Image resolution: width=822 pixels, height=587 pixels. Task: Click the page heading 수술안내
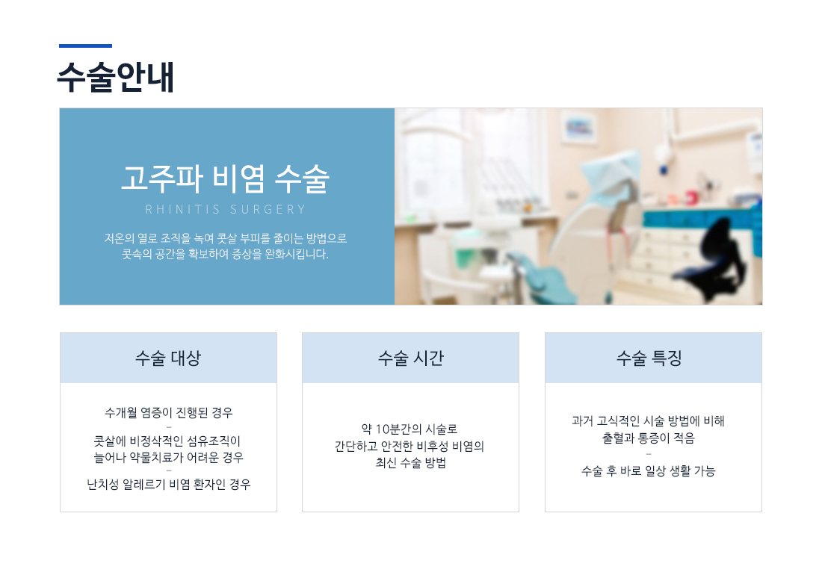click(x=115, y=77)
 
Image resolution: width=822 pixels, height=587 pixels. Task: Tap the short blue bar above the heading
click(x=85, y=46)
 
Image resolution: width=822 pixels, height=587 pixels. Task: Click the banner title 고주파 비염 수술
click(x=226, y=178)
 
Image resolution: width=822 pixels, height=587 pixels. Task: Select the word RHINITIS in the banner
click(x=182, y=210)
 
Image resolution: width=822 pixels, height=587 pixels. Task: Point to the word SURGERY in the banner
click(x=268, y=210)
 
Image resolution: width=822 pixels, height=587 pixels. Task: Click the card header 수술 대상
click(x=168, y=358)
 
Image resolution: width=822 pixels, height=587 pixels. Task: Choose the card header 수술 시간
click(x=410, y=358)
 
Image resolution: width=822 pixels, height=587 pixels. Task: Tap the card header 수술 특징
click(x=649, y=358)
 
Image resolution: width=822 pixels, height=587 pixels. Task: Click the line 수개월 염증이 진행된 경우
click(x=168, y=413)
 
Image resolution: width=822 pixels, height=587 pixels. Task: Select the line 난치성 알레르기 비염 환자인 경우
click(x=168, y=484)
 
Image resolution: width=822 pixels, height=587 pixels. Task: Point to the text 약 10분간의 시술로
click(x=410, y=429)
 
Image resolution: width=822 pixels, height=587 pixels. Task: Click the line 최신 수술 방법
click(x=410, y=463)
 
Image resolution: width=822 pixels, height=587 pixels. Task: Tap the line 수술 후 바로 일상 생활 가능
click(x=649, y=471)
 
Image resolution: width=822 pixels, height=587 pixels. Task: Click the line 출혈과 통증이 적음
click(x=649, y=438)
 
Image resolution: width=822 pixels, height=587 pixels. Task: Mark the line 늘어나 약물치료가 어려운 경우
click(x=168, y=458)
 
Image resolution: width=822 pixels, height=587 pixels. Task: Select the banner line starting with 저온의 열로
click(x=226, y=239)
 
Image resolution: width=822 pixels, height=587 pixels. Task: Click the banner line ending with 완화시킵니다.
click(x=226, y=255)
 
